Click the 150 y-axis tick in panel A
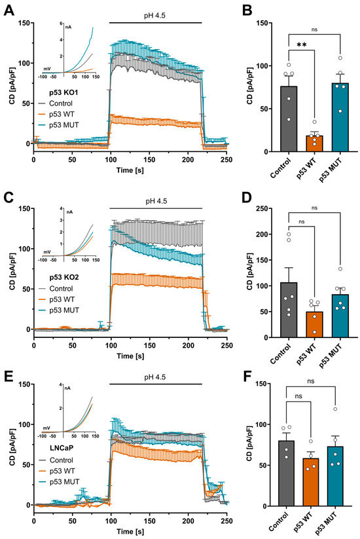coord(23,23)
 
